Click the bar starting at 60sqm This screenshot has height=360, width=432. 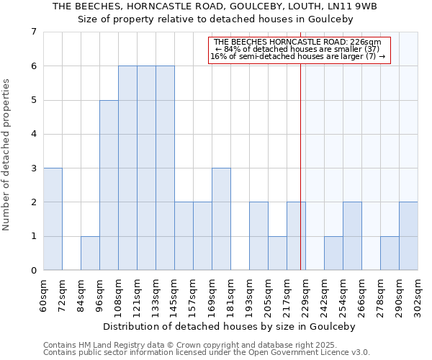click(x=53, y=219)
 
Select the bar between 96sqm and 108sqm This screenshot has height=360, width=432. click(x=109, y=185)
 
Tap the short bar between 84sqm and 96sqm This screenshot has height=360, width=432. click(x=90, y=253)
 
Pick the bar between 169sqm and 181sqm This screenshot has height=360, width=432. click(x=221, y=219)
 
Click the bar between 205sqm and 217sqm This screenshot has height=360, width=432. click(x=277, y=253)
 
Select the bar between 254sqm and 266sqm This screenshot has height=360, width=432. click(x=352, y=236)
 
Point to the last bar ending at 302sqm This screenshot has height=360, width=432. click(x=408, y=236)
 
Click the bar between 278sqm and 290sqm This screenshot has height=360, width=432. click(x=390, y=253)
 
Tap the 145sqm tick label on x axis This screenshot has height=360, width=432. click(x=175, y=294)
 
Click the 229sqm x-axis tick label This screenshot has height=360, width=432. click(x=306, y=294)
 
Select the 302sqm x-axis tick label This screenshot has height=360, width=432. click(x=418, y=294)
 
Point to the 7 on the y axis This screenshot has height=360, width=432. click(x=33, y=32)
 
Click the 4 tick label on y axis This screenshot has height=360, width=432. click(x=33, y=134)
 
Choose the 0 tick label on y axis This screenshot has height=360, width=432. click(x=33, y=271)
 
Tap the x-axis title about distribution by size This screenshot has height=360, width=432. click(x=229, y=326)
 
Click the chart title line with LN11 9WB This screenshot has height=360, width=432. click(x=215, y=6)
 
